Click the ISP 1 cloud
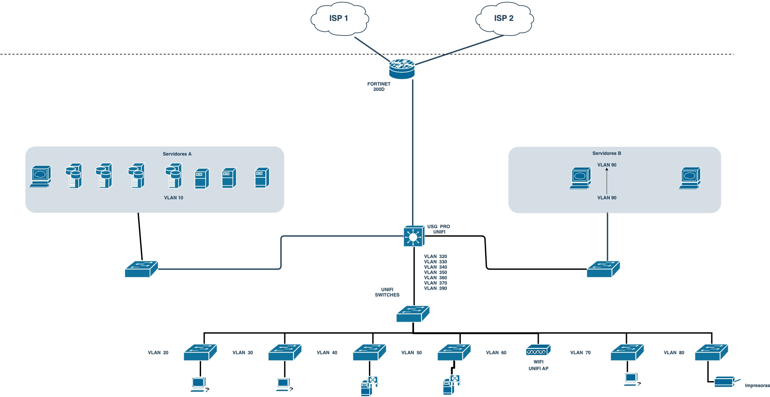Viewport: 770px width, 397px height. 339,19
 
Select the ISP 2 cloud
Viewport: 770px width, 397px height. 504,19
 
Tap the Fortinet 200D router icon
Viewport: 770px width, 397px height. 402,69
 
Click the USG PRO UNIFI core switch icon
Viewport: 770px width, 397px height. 414,236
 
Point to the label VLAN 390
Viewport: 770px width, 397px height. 435,288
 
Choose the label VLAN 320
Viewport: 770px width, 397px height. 435,256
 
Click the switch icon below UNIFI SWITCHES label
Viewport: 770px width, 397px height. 413,314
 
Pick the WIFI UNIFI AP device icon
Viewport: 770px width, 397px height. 538,351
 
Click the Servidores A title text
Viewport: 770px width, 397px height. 177,154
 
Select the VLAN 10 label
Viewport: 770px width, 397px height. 174,198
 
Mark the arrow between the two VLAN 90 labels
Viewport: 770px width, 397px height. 607,181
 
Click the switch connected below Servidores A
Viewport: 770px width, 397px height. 141,269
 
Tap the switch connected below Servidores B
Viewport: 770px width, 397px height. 603,269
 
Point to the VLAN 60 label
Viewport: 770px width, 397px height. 496,353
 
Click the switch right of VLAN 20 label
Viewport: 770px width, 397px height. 200,352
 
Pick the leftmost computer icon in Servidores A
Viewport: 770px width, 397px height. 40,176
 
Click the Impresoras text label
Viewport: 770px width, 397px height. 757,385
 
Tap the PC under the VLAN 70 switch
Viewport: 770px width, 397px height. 631,379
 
